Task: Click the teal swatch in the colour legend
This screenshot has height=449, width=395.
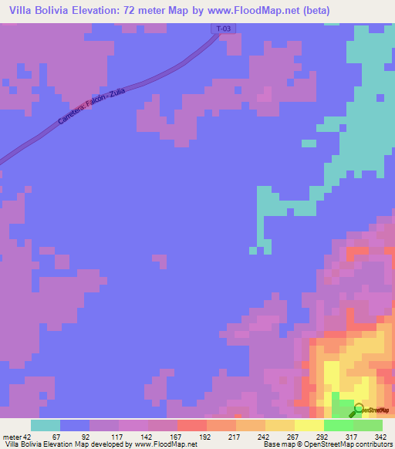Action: pos(46,425)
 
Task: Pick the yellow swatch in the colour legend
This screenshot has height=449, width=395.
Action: pos(309,425)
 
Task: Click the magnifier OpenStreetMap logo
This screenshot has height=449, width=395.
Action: pos(359,410)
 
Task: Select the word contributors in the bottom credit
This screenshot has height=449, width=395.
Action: pos(370,444)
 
